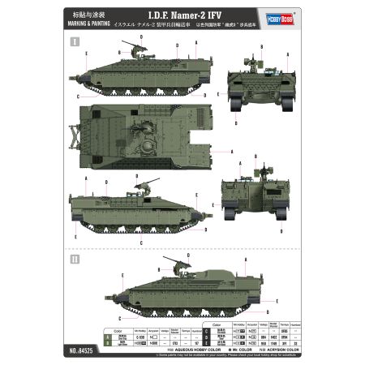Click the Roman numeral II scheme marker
click(x=75, y=260)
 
